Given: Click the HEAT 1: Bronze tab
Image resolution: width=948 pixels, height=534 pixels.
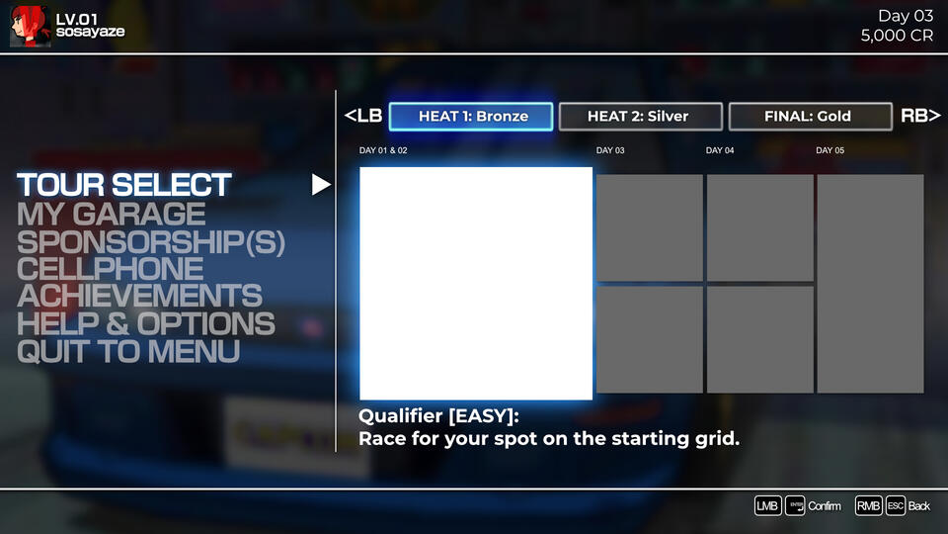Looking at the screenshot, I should (473, 116).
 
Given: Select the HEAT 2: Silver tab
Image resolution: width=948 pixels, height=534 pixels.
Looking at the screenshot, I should (638, 116).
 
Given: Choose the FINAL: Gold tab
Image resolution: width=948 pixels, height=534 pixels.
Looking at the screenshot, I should (807, 116).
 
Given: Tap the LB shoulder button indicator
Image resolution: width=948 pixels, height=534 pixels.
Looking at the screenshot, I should (363, 116).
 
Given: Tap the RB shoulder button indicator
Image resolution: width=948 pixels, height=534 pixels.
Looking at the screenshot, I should (919, 116).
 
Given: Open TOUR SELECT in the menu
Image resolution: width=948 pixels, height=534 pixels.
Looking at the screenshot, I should (123, 185).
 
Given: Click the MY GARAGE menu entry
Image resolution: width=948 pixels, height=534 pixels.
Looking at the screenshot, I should (111, 213).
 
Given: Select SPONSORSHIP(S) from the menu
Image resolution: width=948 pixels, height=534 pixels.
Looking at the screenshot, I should (150, 241).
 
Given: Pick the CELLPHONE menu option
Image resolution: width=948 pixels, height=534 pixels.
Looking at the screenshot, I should (110, 269).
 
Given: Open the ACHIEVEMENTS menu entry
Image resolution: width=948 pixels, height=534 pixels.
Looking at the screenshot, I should (139, 296).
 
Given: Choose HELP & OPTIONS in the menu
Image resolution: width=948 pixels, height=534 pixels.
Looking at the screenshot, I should (145, 323).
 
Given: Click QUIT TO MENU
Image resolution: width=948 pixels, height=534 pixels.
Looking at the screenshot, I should (127, 351).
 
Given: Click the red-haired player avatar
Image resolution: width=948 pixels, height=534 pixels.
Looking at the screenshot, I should (29, 26).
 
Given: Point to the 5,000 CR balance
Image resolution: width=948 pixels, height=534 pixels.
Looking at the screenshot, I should (897, 36).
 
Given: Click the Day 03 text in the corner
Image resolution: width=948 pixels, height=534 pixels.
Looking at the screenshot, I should (906, 16).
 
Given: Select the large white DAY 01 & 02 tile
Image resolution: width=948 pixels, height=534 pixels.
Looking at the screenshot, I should (476, 283).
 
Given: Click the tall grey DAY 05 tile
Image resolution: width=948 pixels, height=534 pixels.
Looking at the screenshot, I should (870, 283).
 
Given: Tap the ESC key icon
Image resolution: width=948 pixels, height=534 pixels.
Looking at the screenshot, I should (895, 505).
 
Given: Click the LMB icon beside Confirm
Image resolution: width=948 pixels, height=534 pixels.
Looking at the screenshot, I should (767, 505).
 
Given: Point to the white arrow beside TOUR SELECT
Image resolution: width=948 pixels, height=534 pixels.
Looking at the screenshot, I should (321, 185).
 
